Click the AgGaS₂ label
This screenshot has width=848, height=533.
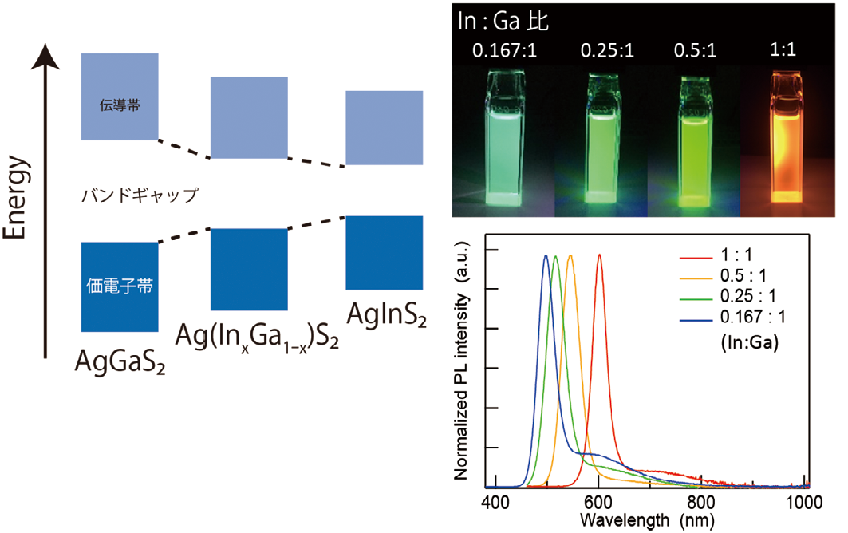120,361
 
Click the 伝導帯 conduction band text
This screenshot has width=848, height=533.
120,105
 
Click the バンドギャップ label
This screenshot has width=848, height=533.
139,194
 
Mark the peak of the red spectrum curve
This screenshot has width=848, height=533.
599,255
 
